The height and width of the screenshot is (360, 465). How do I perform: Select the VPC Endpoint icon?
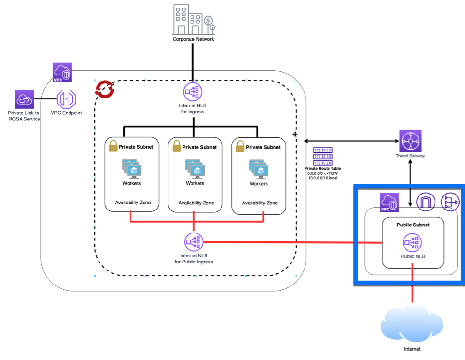(66, 99)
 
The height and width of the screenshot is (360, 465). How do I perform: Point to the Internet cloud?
(411, 323)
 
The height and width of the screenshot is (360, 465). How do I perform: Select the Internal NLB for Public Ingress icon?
(194, 242)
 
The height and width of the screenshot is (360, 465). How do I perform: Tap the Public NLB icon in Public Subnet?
(412, 243)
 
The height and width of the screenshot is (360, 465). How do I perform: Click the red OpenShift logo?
(105, 89)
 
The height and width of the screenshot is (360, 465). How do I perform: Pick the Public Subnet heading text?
(413, 225)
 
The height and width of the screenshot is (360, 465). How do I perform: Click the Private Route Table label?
(322, 168)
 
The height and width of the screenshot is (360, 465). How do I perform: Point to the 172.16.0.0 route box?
(323, 150)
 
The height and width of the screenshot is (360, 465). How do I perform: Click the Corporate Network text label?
(193, 39)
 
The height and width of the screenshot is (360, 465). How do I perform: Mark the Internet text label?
(412, 349)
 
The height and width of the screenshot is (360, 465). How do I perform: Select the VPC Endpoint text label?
(66, 113)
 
